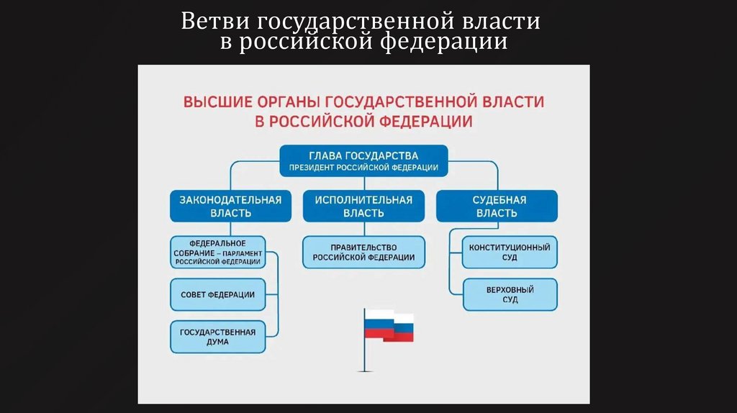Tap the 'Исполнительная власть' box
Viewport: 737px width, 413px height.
point(363,206)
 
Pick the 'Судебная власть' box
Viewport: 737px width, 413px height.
point(496,206)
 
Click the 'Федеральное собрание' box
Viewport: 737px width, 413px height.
point(218,252)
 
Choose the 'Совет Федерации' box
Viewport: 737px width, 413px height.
point(218,294)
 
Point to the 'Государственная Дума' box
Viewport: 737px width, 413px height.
point(218,337)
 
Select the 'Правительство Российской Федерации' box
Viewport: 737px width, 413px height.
point(363,252)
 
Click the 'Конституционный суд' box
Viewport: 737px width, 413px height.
point(510,252)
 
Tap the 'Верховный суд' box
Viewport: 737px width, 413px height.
point(510,294)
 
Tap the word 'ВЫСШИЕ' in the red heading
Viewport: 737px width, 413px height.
point(214,101)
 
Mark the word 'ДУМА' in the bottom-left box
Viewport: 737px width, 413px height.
point(218,343)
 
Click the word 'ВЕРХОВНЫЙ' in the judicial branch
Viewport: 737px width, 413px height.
point(510,289)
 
